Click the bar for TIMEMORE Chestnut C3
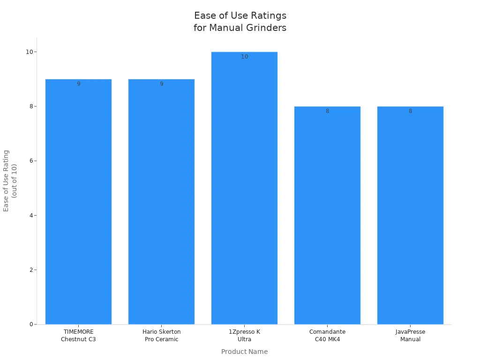[78, 202]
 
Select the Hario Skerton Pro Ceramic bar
[161, 202]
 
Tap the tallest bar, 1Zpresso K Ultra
[244, 187]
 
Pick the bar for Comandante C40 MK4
[327, 216]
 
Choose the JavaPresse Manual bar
[410, 216]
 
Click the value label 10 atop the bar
[245, 57]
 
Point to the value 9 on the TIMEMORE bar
[78, 84]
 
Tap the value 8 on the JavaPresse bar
[410, 111]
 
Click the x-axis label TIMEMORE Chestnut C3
[78, 335]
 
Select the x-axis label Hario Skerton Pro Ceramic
[161, 335]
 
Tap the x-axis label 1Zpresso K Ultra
[244, 335]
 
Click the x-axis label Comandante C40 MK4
[327, 335]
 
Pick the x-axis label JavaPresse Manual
[410, 335]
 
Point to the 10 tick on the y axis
[29, 52]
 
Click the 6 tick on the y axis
[31, 161]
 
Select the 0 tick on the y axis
[31, 324]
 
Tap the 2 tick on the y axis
[31, 270]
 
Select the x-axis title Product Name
[244, 352]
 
